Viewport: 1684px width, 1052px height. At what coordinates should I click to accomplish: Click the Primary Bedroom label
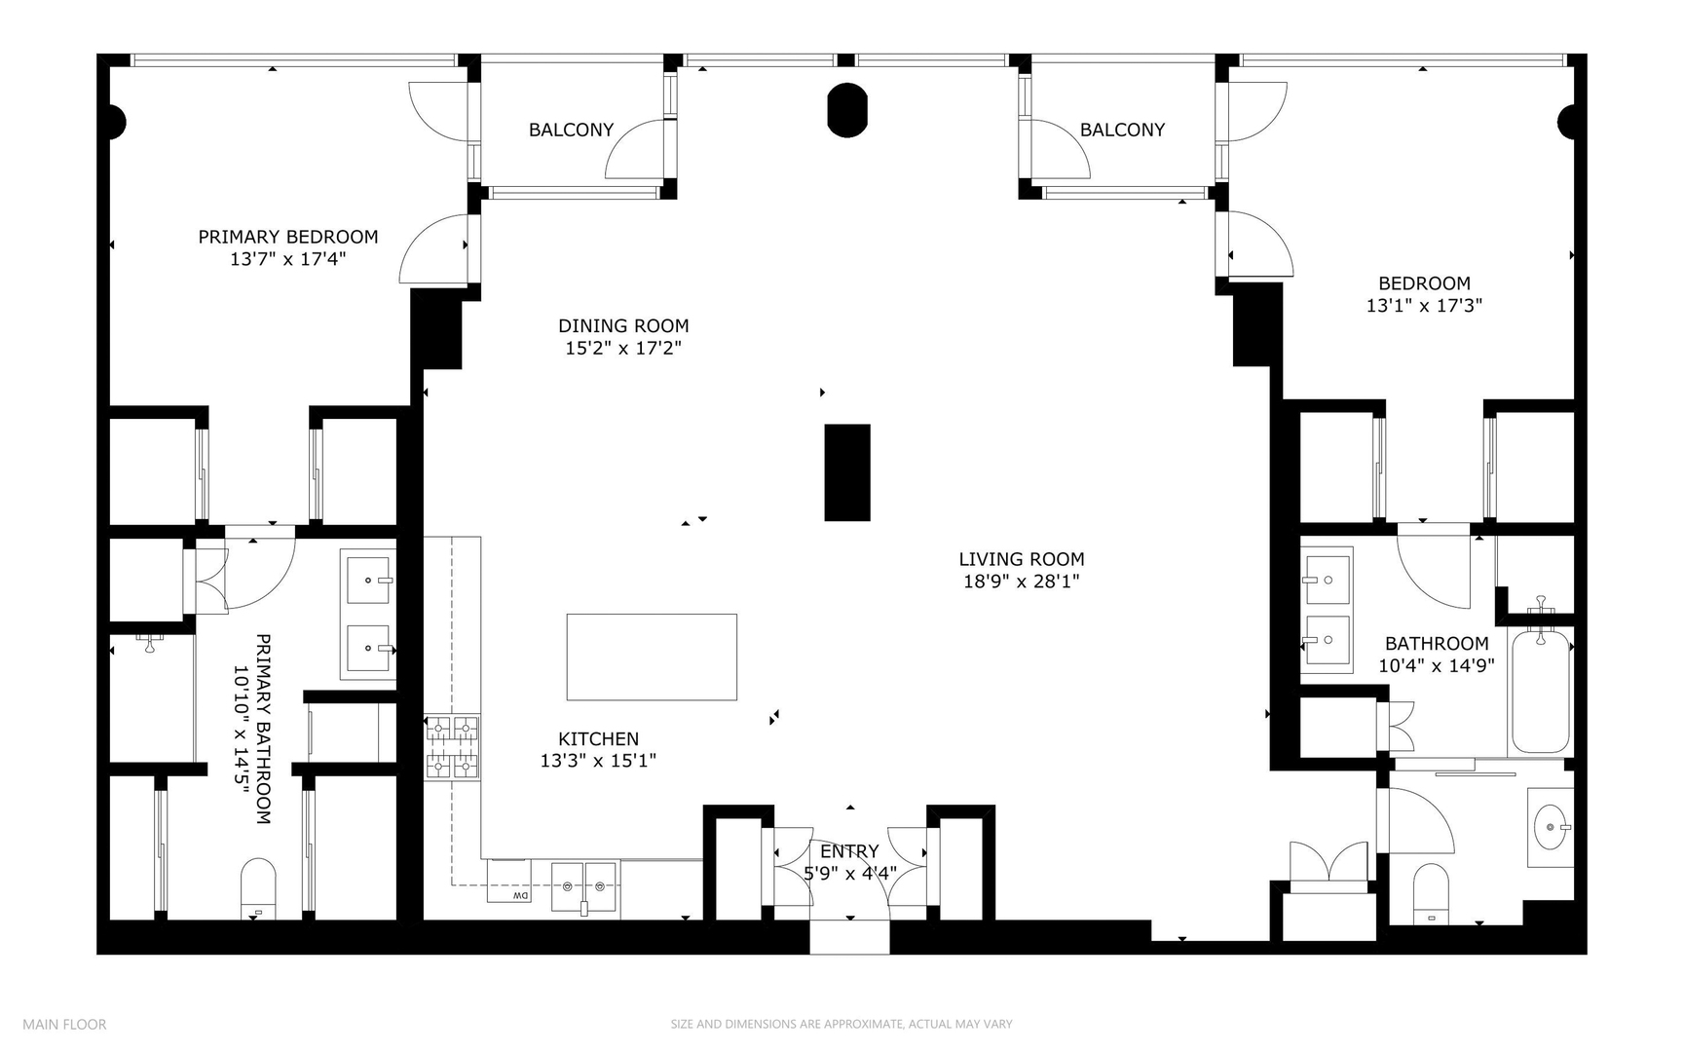287,237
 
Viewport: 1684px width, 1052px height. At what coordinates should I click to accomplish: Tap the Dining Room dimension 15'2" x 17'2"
622,348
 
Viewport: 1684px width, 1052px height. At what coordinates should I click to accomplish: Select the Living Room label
1021,559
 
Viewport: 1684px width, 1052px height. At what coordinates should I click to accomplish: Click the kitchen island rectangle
652,657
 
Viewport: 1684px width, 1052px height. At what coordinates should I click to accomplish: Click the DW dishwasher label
520,895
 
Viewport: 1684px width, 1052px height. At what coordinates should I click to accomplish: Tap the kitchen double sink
583,886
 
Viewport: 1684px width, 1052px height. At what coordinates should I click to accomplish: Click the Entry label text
849,851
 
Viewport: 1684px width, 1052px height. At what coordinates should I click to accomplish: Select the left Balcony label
571,130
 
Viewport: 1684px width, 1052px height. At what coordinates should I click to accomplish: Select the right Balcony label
1122,130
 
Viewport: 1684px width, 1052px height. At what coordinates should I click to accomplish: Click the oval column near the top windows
846,110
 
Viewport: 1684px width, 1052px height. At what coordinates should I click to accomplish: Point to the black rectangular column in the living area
846,472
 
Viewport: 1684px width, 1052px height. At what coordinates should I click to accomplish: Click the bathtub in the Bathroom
1540,692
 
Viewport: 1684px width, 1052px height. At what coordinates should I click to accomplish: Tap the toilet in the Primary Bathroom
258,887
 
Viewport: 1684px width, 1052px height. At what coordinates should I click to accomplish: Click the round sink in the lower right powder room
1550,827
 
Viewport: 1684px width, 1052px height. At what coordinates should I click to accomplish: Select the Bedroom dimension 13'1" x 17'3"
1423,306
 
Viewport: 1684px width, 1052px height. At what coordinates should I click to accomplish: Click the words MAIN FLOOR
64,1024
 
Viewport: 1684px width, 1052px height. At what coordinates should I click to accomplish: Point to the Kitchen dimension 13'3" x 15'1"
598,761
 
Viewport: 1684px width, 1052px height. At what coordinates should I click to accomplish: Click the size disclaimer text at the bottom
841,1024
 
